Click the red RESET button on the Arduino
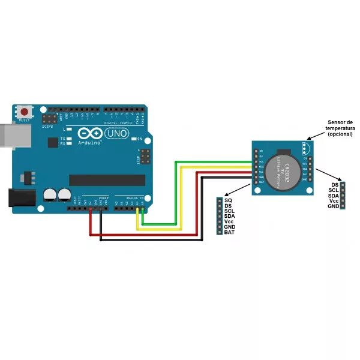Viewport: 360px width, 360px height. click(25, 112)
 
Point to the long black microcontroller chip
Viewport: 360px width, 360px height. click(107, 180)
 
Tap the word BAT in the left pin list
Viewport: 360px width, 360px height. click(229, 232)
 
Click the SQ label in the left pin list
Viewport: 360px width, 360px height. click(228, 200)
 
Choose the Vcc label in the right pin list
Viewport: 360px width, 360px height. click(334, 201)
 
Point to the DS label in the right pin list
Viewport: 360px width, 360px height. click(335, 185)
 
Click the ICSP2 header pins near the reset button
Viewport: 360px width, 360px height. click(55, 113)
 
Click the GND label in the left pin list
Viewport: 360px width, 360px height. click(230, 227)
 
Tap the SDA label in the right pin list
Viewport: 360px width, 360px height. click(334, 196)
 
